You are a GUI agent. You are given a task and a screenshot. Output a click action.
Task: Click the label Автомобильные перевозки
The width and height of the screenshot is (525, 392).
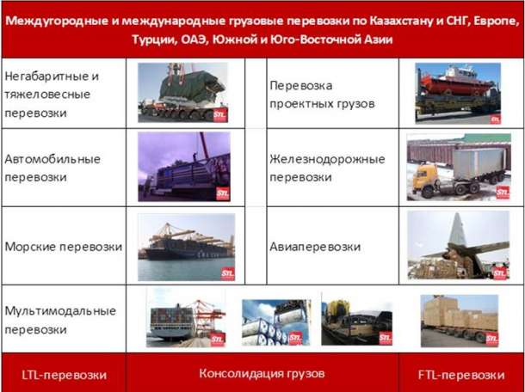click(52, 167)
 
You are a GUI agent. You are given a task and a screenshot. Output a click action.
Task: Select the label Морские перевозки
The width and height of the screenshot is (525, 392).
click(63, 247)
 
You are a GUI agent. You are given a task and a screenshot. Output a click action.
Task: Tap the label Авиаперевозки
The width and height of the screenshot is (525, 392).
click(313, 247)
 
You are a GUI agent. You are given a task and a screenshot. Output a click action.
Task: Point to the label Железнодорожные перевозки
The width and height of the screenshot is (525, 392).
click(326, 168)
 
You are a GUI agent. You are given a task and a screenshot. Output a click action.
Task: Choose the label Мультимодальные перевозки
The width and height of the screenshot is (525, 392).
click(57, 319)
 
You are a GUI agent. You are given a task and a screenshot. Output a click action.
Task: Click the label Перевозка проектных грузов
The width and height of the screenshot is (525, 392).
click(321, 95)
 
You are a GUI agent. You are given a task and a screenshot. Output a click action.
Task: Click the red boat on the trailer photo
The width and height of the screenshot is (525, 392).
click(457, 83)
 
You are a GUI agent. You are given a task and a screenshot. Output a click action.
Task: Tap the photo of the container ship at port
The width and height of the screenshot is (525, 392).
click(186, 247)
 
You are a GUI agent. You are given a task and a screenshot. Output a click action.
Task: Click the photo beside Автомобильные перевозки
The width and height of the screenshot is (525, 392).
click(184, 167)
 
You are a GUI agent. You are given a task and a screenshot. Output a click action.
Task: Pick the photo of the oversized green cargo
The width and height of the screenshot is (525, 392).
click(184, 92)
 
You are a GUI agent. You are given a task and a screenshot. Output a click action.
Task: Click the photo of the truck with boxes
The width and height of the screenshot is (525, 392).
click(458, 320)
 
